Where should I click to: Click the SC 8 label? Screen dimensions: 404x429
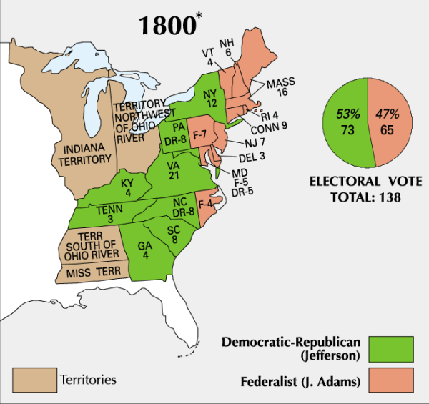pyautogui.click(x=173, y=234)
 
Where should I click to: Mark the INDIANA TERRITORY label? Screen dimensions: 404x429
pyautogui.click(x=83, y=152)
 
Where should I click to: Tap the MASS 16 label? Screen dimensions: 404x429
pyautogui.click(x=281, y=87)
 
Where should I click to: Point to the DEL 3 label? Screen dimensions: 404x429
pyautogui.click(x=252, y=157)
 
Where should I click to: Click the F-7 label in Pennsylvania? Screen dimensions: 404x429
pyautogui.click(x=199, y=136)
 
